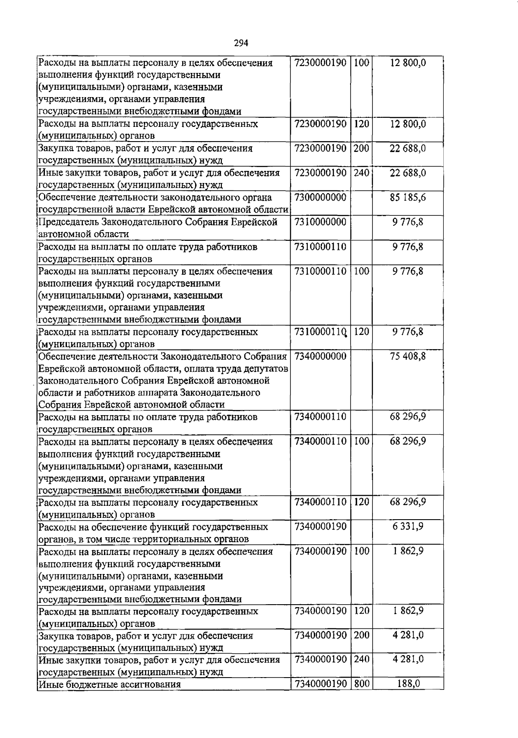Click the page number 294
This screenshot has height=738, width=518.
coord(241,43)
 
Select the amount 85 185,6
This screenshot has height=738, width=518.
coord(408,198)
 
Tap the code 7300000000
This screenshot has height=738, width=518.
coord(320,198)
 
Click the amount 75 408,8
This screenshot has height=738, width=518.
coord(408,356)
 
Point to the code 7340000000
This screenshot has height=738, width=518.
coord(320,356)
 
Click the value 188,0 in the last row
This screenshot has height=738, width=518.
coord(408,684)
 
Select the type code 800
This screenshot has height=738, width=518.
coord(362,684)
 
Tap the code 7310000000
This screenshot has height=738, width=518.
coord(320,222)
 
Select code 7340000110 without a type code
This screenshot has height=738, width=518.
coord(320,417)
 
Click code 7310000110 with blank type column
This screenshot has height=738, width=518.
coord(320,247)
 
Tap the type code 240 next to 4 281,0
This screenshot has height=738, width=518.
coord(362,659)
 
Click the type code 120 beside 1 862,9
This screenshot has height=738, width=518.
coord(362,611)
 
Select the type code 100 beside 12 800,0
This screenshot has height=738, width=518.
coord(362,63)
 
